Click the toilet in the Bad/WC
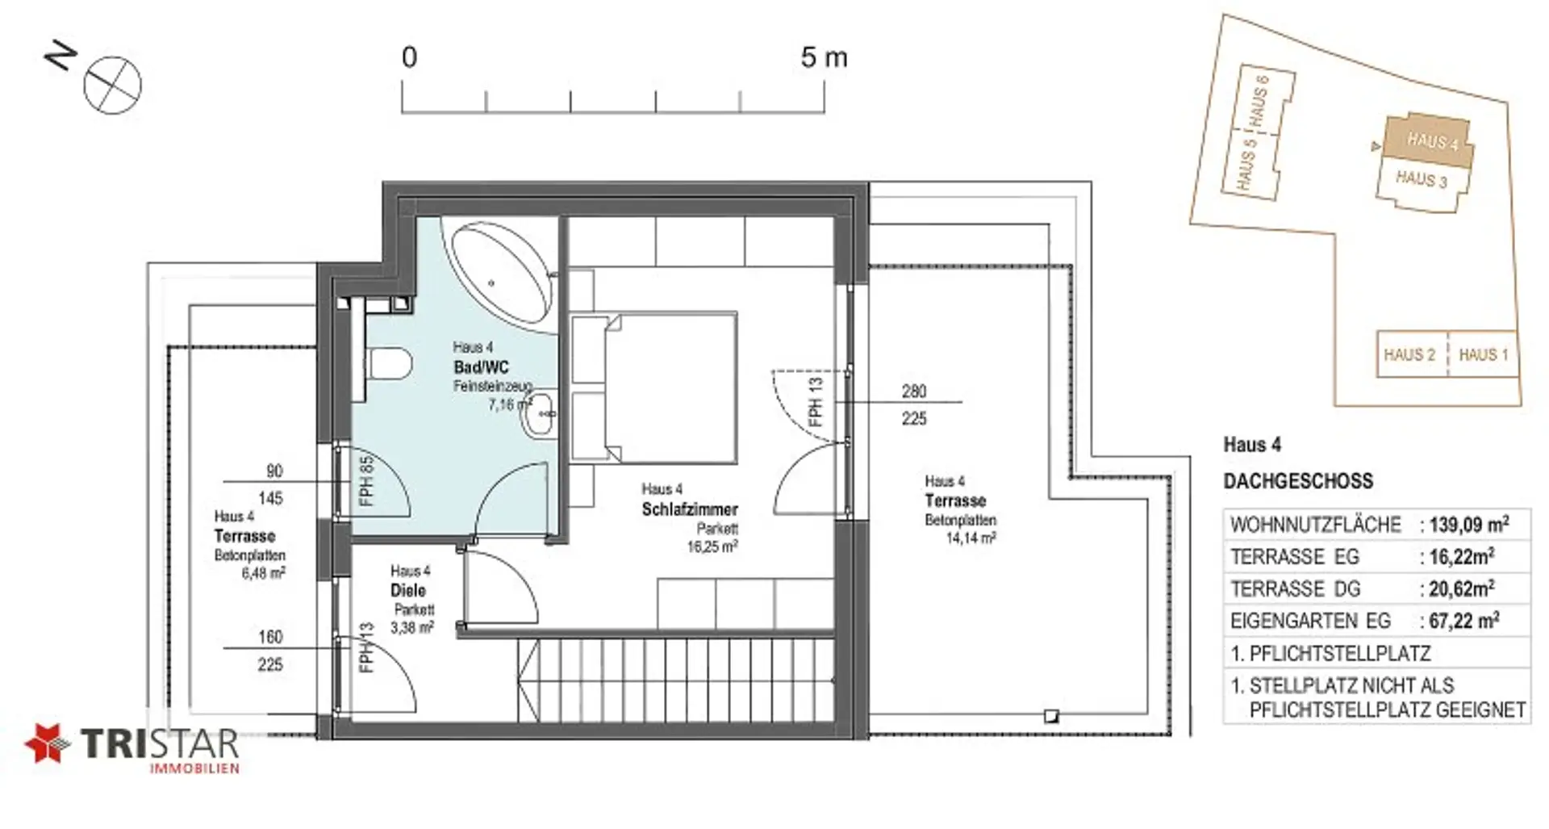[389, 365]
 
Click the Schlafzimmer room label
[690, 509]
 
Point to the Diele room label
[408, 590]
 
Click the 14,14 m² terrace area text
[971, 538]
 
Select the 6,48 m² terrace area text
[263, 573]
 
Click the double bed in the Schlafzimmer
[653, 387]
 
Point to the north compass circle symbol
[113, 86]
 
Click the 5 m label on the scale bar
[824, 57]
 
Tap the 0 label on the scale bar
[410, 57]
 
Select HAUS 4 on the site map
[1432, 141]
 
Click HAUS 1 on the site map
[1483, 354]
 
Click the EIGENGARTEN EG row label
[1311, 621]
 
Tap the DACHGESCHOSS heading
[1298, 481]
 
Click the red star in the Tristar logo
[48, 743]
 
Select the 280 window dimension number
[914, 391]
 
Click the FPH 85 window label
[367, 482]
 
